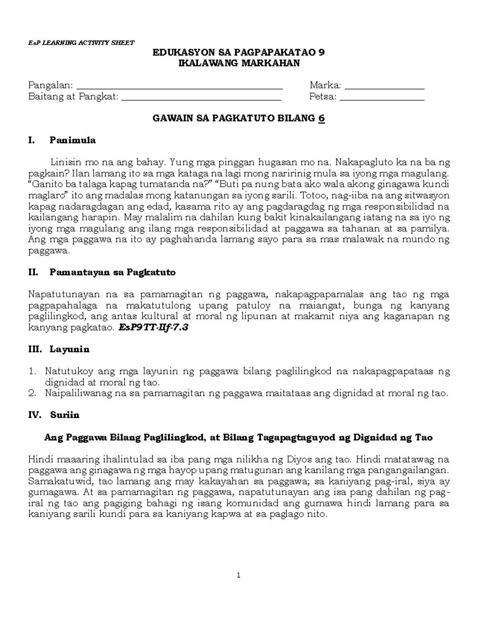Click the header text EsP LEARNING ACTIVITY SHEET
click(x=81, y=43)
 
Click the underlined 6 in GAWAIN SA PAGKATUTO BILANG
click(x=321, y=118)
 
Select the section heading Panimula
click(x=72, y=140)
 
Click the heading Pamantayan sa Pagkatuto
click(x=112, y=273)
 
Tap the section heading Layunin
click(x=69, y=349)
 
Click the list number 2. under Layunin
click(x=33, y=394)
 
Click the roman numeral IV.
click(x=35, y=415)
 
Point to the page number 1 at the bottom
click(x=239, y=575)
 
